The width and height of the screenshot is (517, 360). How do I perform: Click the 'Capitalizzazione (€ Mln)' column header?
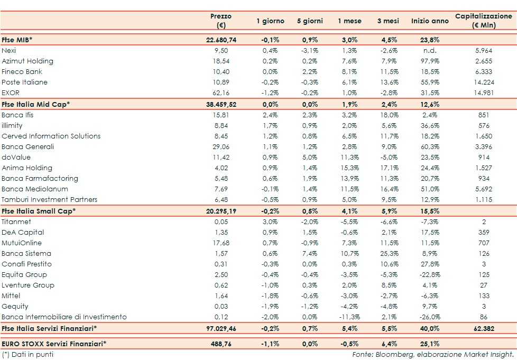point(484,21)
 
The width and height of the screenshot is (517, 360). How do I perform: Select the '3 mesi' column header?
point(387,21)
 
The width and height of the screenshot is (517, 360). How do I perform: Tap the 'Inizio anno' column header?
point(429,21)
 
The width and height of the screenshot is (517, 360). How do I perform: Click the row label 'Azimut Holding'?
point(27,61)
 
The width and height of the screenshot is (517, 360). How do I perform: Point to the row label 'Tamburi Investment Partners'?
point(49,199)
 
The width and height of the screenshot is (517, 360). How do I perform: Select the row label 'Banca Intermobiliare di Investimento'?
point(64,317)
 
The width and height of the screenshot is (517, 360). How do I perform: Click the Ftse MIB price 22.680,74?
point(221,40)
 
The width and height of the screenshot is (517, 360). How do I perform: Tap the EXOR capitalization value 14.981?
point(484,93)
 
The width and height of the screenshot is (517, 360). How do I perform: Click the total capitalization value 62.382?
point(484,329)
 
